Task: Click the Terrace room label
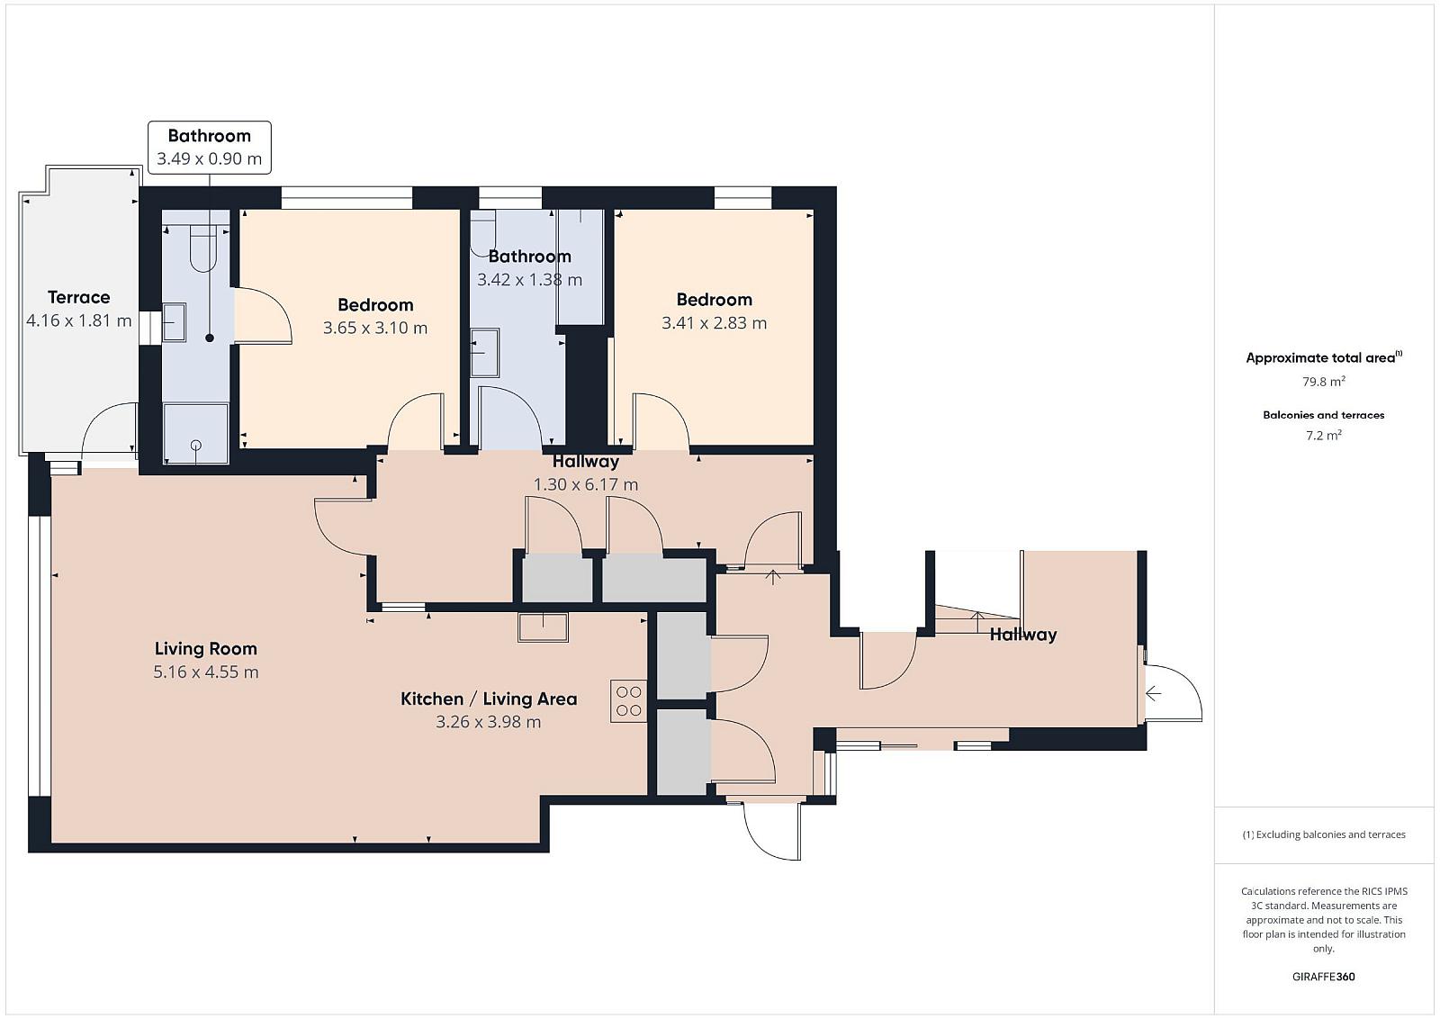coord(78,297)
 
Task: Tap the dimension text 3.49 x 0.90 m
coord(210,158)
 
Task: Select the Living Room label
coord(206,649)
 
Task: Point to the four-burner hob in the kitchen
coord(628,701)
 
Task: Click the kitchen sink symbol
coord(544,627)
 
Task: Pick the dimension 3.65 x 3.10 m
coord(374,328)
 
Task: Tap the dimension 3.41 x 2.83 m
coord(715,323)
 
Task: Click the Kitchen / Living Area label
coord(489,699)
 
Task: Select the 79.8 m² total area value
coord(1324,382)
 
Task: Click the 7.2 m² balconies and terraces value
coord(1324,436)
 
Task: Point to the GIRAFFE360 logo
coord(1324,977)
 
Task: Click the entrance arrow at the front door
coord(1153,694)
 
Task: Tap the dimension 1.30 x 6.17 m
coord(586,485)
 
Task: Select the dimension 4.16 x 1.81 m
coord(78,320)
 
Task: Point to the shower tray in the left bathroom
coord(195,433)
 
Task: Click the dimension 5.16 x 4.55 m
coord(206,672)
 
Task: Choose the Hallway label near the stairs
coord(1022,635)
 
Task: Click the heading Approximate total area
coord(1320,358)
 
